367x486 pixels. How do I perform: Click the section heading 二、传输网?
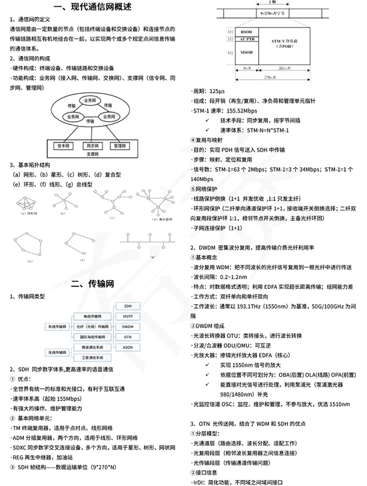[93, 284]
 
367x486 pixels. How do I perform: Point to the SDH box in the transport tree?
[129, 306]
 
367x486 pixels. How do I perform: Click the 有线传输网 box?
[57, 327]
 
